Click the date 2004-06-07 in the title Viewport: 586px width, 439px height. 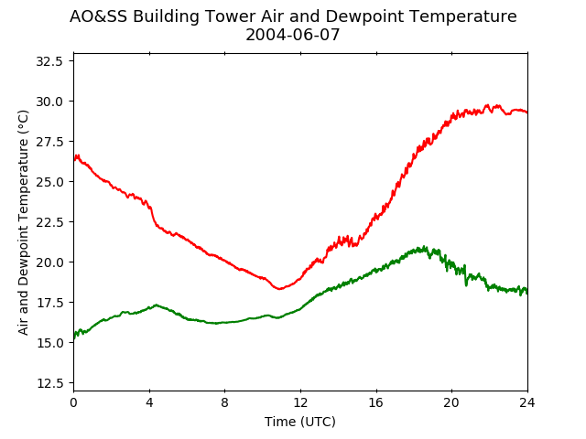pos(293,35)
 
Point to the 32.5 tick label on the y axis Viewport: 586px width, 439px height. pos(49,61)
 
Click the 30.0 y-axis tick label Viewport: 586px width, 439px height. pos(49,102)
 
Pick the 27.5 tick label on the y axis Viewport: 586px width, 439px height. pos(49,142)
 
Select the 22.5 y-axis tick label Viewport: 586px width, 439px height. pos(49,222)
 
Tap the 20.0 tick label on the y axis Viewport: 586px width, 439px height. pos(49,262)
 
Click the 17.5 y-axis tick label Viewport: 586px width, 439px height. pos(49,303)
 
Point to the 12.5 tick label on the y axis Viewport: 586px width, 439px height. pos(49,383)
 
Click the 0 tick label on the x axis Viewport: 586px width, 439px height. pos(73,402)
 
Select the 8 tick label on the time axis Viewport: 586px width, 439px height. pos(224,402)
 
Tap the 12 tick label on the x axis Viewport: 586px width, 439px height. pos(300,402)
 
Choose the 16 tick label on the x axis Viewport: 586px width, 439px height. pos(376,402)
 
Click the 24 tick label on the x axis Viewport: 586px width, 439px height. pos(527,402)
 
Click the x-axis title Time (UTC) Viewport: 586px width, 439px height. pos(300,422)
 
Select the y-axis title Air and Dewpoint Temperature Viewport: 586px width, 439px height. pos(23,222)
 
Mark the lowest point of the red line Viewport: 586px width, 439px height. pos(279,289)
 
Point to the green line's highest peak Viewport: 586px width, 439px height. pos(424,246)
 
